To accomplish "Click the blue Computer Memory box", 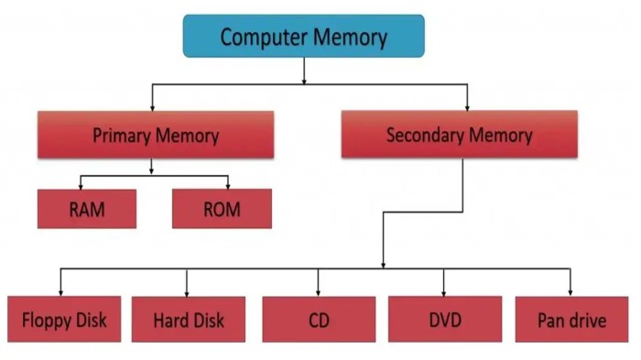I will coord(303,37).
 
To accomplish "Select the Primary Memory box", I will coord(156,136).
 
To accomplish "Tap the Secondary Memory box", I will coord(459,136).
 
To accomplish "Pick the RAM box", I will coord(87,209).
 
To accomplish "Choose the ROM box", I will coord(222,209).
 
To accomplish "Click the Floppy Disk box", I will coord(64,320).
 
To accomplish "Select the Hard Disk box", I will coord(188,320).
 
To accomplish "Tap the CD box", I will coord(319,320).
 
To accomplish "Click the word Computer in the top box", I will coord(262,38).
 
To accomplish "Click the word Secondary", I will coord(421,136).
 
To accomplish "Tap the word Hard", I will coord(170,321).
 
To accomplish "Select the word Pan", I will coord(552,322).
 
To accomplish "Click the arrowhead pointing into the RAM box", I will coord(81,186).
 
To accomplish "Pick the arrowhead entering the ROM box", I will coord(228,186).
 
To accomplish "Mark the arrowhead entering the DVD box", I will coord(444,291).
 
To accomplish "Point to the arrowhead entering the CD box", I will coord(319,291).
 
